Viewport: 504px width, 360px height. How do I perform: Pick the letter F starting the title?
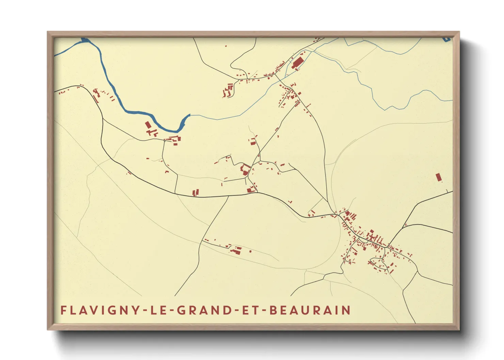pyautogui.click(x=63, y=310)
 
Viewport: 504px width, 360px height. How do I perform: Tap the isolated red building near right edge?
pyautogui.click(x=439, y=177)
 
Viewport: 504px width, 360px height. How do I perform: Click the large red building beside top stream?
pyautogui.click(x=297, y=63)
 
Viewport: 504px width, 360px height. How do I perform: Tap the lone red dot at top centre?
pyautogui.click(x=225, y=46)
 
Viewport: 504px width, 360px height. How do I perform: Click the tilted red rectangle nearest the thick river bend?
pyautogui.click(x=148, y=125)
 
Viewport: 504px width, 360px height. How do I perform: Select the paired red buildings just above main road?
pyautogui.click(x=195, y=193)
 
